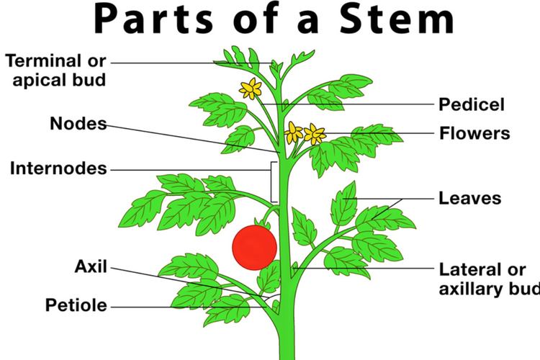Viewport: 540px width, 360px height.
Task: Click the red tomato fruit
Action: [254, 247]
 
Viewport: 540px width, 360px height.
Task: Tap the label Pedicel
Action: [472, 104]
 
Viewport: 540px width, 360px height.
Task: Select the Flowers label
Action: [474, 133]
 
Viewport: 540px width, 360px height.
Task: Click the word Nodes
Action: [78, 123]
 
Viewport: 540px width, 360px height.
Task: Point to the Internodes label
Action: [58, 169]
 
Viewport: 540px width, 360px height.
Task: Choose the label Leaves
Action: [470, 197]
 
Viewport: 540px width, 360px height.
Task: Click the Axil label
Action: [91, 267]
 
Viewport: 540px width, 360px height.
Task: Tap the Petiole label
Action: [76, 305]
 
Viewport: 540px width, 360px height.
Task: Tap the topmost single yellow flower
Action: [251, 89]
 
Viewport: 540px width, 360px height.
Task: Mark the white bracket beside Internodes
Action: [273, 181]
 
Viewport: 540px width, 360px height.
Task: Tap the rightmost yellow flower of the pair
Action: [315, 134]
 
